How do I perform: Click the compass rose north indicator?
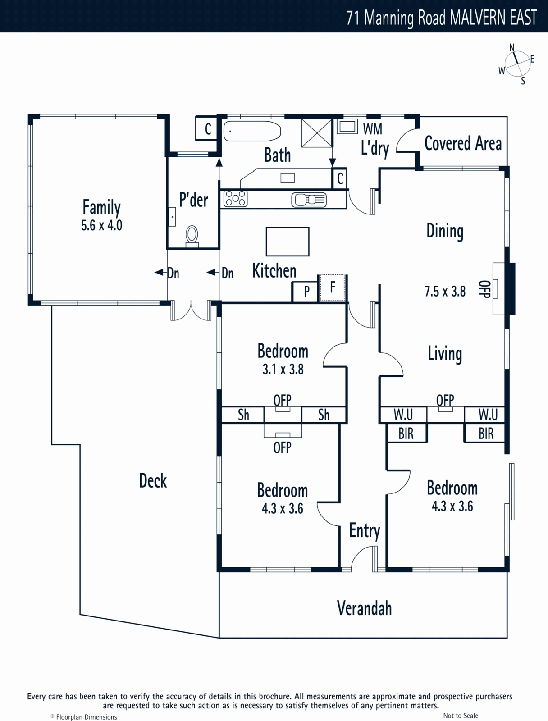(x=511, y=48)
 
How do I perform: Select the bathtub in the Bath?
(x=252, y=131)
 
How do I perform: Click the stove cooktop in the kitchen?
(x=235, y=199)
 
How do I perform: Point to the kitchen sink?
(x=309, y=200)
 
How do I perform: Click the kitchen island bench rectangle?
(x=288, y=242)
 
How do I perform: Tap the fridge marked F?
(x=332, y=288)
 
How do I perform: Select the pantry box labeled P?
(x=306, y=292)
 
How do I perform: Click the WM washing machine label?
(x=372, y=129)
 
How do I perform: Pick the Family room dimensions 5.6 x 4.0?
(x=101, y=225)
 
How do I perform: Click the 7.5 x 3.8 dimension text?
(x=445, y=292)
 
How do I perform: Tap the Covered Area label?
(x=463, y=143)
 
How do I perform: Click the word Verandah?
(x=365, y=608)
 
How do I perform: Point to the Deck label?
(x=153, y=480)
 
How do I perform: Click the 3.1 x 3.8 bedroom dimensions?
(x=283, y=370)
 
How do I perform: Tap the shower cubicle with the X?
(x=317, y=133)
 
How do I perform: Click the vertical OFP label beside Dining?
(x=484, y=289)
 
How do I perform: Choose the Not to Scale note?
(x=460, y=716)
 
